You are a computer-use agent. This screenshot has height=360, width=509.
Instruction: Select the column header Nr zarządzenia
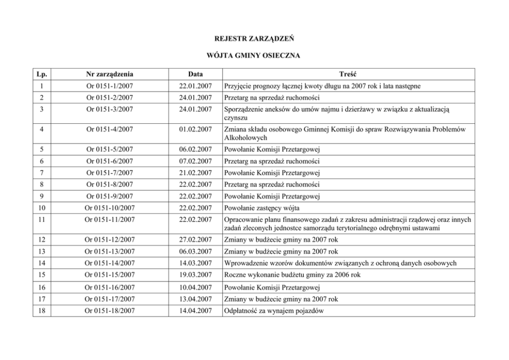pyautogui.click(x=110, y=74)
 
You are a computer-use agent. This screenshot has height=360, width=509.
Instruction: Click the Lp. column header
pyautogui.click(x=42, y=74)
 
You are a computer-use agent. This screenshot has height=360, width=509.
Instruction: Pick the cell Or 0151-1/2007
pyautogui.click(x=110, y=85)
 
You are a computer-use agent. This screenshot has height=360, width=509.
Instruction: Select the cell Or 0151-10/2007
pyautogui.click(x=110, y=208)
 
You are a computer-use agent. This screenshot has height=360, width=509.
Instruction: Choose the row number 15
pyautogui.click(x=42, y=275)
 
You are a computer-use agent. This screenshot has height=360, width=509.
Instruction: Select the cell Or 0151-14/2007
pyautogui.click(x=110, y=263)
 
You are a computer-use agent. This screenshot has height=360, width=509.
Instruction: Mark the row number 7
pyautogui.click(x=42, y=173)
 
